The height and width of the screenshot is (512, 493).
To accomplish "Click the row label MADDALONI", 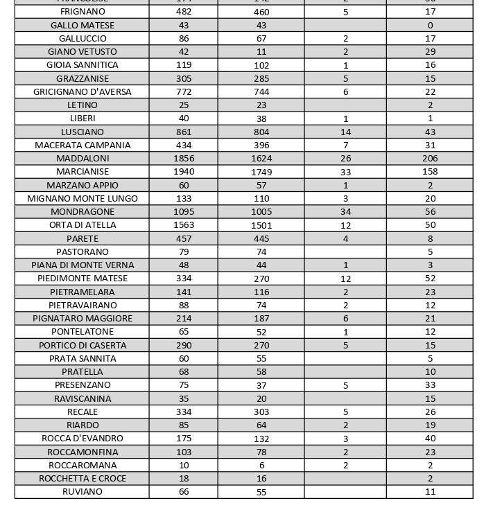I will point(83,159).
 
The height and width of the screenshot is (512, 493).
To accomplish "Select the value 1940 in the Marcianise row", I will point(184,172).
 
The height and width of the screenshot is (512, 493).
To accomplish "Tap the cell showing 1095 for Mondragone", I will point(184,212).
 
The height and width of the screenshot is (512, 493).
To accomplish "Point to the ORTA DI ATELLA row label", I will point(83,225).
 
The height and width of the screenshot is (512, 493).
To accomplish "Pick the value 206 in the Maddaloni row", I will point(430,159).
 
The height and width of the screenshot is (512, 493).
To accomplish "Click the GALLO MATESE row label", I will point(83,26).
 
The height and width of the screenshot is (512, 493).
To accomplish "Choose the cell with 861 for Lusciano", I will point(184,132).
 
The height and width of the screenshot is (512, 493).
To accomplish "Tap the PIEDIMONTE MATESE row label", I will point(83,279).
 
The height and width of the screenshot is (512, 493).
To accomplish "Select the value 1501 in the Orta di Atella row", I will point(261,226).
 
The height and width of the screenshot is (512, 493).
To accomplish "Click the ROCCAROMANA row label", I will point(83,466).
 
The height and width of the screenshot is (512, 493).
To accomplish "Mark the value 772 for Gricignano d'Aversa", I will point(184,92).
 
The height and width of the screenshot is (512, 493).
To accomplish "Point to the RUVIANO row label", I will point(83,492).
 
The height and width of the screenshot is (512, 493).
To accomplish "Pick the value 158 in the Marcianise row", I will point(430,172).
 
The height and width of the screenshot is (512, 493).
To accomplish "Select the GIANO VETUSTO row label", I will point(83,52).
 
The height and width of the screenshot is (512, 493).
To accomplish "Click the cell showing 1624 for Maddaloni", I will point(261,159).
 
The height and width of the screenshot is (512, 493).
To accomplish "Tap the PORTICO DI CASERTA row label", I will point(83,346).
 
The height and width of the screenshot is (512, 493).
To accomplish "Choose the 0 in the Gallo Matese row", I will point(430,26).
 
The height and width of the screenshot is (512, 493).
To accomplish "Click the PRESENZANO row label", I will point(83,385).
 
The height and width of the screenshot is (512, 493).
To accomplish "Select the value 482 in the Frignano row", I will point(184,12).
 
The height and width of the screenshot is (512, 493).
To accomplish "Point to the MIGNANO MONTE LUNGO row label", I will point(83,199).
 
